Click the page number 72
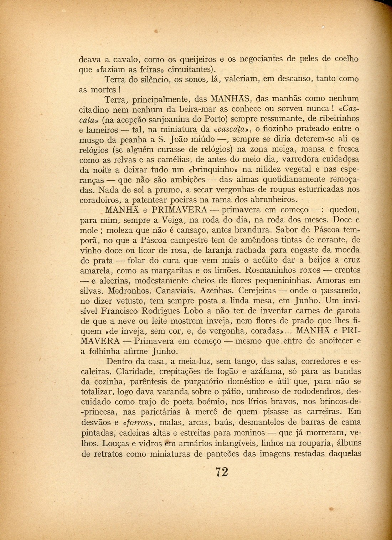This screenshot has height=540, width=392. click(221, 472)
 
